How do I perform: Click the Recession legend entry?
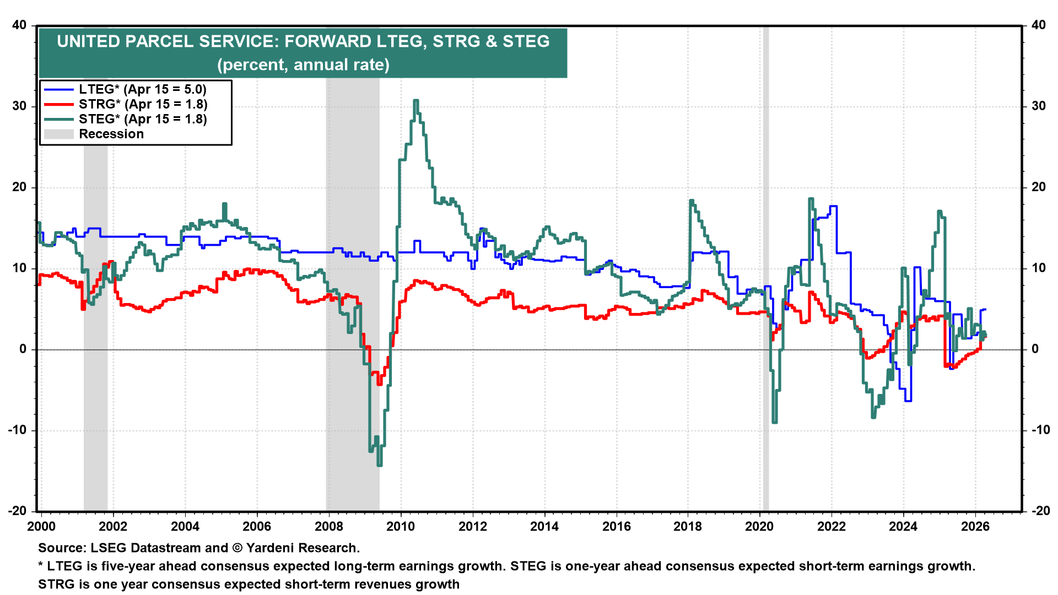111,134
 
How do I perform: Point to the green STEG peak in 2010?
416,101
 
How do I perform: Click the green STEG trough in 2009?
379,464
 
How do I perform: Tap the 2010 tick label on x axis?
401,526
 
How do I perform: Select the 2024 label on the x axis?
903,526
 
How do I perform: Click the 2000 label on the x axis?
41,526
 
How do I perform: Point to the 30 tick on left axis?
19,106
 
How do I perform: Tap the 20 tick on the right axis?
1038,187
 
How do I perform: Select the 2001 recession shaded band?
95,386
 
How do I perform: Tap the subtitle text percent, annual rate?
303,65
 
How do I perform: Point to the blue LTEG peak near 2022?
833,207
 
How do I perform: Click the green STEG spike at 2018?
691,201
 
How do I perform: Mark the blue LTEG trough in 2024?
908,401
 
